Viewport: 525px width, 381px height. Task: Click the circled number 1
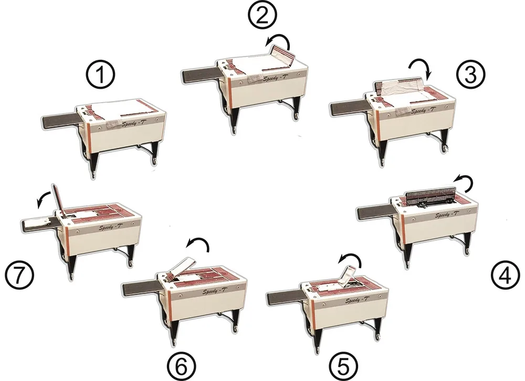coord(100,75)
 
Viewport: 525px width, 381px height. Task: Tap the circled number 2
coord(262,15)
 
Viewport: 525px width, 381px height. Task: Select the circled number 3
coord(470,75)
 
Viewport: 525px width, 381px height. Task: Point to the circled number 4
coord(506,276)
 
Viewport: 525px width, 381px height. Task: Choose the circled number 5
coord(343,366)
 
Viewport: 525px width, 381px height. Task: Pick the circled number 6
coord(181,366)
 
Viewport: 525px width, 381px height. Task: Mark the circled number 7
coord(19,276)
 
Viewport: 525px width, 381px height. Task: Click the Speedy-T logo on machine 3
coord(424,111)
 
